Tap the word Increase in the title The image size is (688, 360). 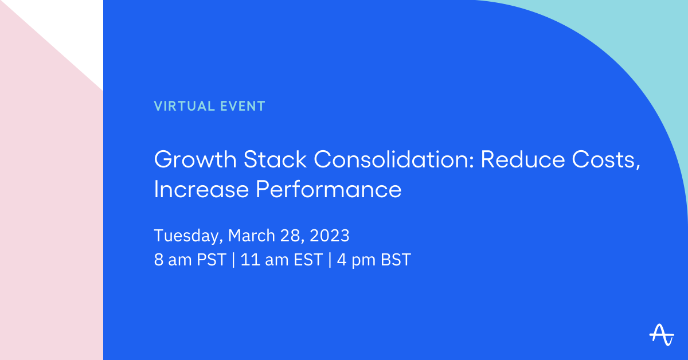[201, 190]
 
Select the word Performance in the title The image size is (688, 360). [329, 190]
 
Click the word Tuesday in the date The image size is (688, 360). [188, 236]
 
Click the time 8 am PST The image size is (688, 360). [190, 260]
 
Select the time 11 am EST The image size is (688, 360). [281, 260]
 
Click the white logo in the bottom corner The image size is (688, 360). [662, 335]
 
